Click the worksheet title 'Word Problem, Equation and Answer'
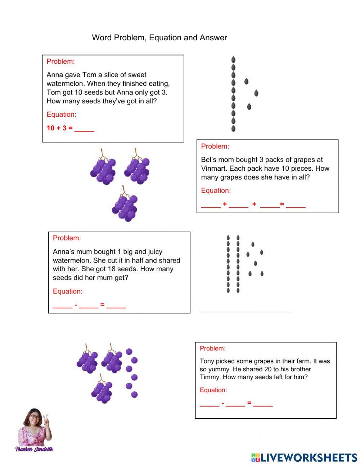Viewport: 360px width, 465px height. (159, 37)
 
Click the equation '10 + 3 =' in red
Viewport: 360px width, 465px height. (59, 128)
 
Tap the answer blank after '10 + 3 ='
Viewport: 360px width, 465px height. (84, 129)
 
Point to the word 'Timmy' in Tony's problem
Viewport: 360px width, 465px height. (209, 377)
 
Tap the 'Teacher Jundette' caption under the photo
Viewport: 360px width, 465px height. (34, 449)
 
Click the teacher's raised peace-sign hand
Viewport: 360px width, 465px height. (46, 421)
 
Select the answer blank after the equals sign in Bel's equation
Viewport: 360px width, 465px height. (296, 206)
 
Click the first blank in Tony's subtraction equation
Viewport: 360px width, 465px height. (210, 405)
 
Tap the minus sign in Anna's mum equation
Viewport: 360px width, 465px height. (76, 305)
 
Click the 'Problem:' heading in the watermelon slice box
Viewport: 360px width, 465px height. (60, 62)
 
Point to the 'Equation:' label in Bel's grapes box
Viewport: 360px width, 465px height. (216, 191)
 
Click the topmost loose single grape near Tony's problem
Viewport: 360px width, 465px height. (129, 351)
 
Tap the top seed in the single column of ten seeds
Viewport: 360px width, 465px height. (233, 59)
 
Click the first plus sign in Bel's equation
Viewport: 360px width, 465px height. (225, 204)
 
